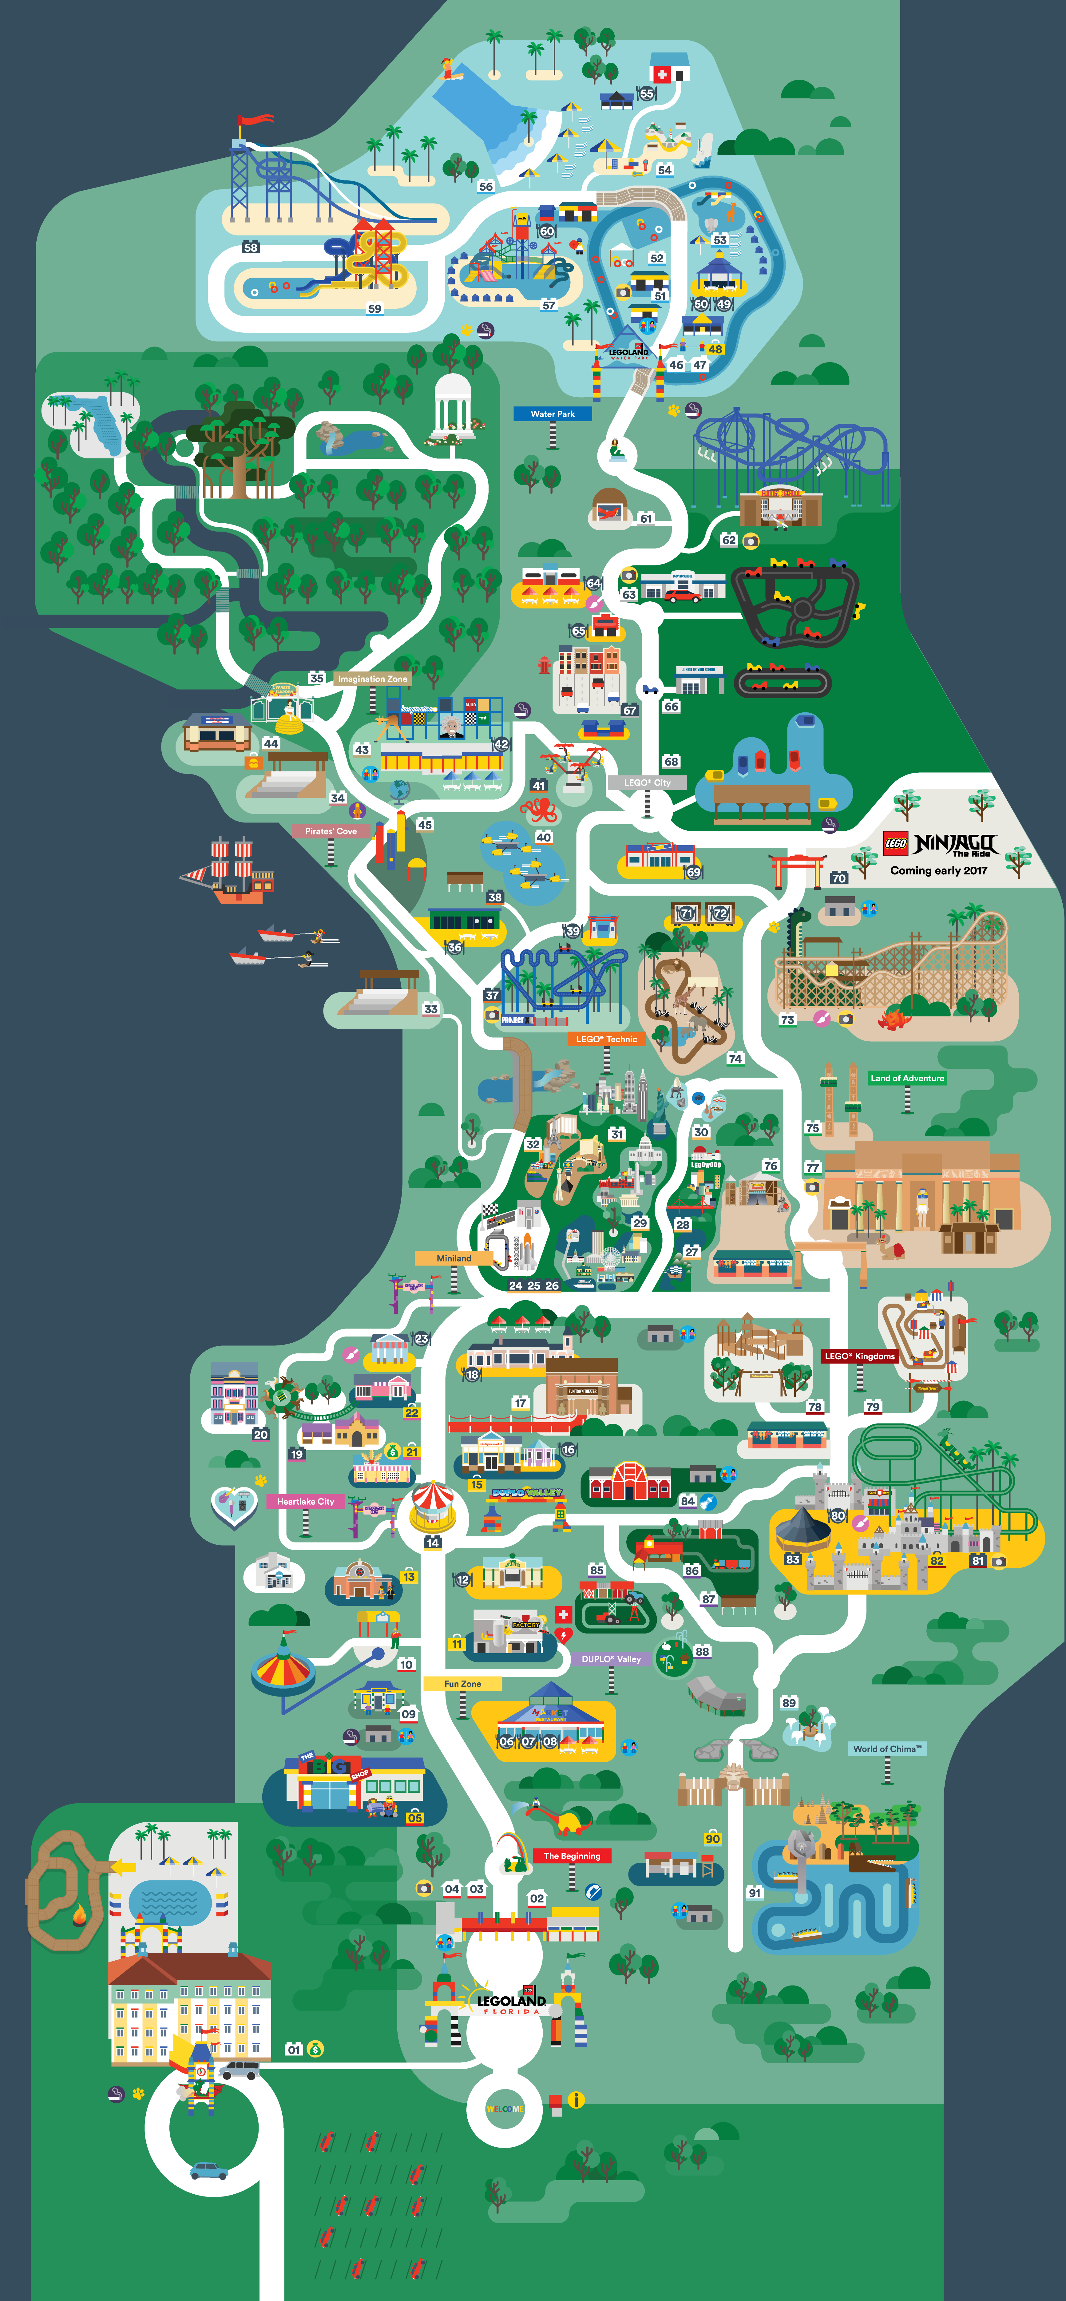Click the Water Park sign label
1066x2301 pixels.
552,414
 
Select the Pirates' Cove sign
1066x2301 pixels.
331,831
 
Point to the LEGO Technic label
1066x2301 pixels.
607,1039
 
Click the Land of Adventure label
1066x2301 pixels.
907,1078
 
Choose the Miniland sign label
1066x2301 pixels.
454,1258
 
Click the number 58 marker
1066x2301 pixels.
251,248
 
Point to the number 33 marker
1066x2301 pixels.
431,1008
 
